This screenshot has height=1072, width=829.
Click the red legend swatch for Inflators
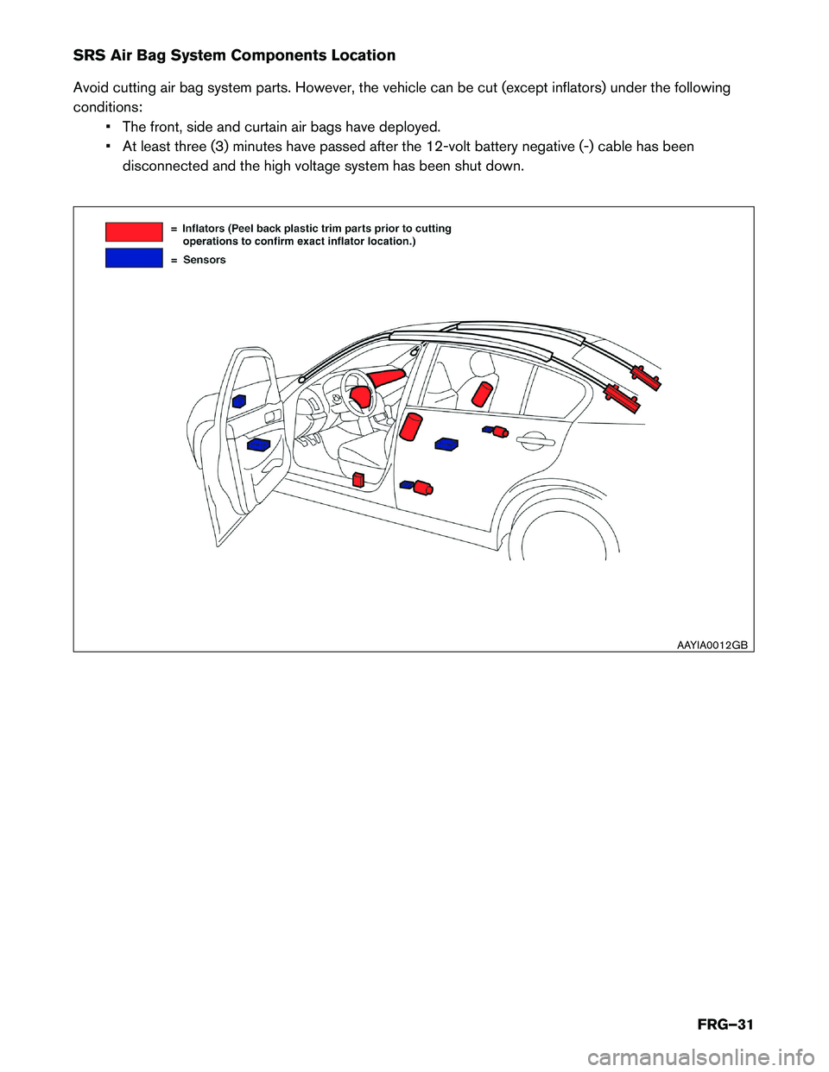134,231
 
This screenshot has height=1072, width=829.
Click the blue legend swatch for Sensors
134,257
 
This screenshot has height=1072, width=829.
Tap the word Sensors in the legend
205,260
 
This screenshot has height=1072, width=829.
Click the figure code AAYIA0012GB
712,645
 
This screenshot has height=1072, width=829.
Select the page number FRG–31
725,1025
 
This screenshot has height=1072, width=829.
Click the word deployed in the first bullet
408,127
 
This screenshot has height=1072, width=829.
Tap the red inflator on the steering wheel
359,396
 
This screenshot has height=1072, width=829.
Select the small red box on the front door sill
358,479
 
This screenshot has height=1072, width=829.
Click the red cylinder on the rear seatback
482,394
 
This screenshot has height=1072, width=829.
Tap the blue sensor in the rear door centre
446,444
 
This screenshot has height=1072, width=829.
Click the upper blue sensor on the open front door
239,400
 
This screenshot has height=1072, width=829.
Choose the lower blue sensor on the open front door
258,445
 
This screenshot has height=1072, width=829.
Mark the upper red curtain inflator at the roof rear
646,377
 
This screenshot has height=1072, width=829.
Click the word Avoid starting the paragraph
91,88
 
